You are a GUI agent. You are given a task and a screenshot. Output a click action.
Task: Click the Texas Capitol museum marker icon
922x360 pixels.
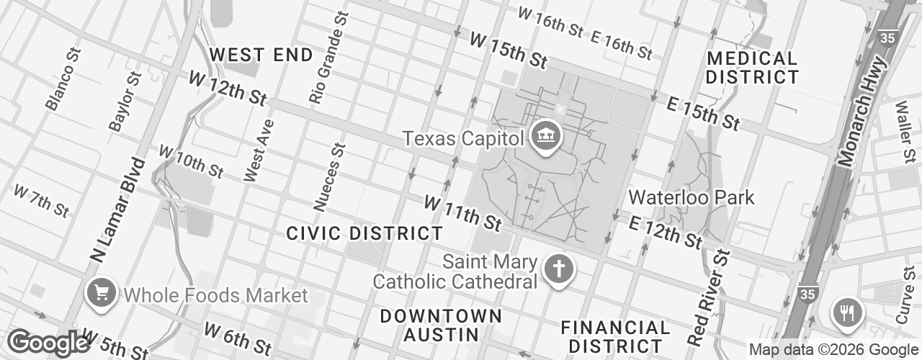[x=545, y=135]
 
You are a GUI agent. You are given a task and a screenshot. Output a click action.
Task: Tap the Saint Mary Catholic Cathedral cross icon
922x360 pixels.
[x=558, y=269]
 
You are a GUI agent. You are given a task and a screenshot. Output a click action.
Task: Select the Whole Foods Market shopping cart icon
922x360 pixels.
[x=100, y=292]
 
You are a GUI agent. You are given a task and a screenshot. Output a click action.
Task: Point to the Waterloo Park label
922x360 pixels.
[x=691, y=197]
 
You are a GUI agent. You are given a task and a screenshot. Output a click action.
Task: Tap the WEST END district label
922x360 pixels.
[x=261, y=55]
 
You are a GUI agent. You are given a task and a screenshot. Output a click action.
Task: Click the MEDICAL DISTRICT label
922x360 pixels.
[x=752, y=68]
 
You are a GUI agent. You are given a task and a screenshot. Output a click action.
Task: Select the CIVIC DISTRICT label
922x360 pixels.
[x=364, y=233]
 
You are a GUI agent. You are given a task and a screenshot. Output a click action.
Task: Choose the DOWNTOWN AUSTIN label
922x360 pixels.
[x=440, y=325]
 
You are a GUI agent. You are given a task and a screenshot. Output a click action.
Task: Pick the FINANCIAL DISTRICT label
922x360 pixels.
[x=615, y=336]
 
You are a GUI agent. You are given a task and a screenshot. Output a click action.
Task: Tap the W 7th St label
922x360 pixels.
[x=40, y=200]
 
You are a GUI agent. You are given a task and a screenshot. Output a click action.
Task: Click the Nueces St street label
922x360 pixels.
[x=329, y=176]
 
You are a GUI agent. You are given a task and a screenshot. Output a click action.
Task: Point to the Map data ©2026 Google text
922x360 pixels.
[x=833, y=350]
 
